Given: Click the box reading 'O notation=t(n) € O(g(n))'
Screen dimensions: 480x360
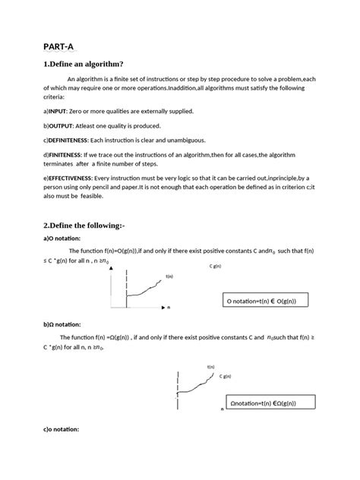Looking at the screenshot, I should (264, 302).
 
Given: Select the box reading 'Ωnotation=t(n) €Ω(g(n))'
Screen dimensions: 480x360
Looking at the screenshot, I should (263, 403).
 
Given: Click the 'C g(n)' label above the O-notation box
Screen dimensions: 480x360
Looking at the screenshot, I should (215, 267).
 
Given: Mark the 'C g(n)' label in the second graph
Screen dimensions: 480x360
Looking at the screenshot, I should (226, 376).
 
